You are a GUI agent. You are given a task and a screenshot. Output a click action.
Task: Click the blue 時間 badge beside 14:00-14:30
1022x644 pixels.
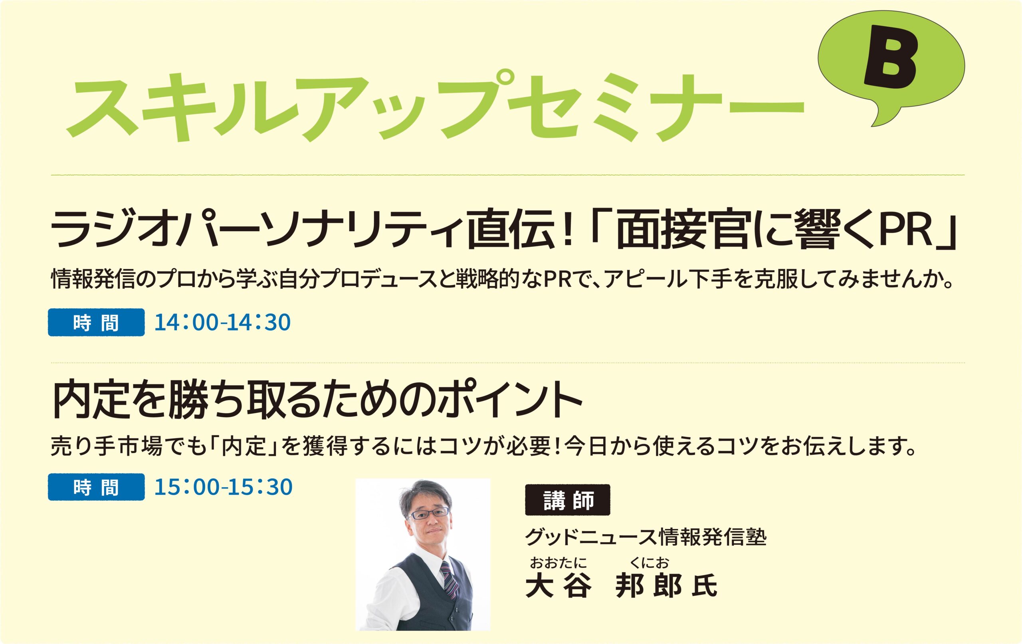[x=96, y=322]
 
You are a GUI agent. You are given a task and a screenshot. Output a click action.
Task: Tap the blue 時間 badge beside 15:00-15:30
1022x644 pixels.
[x=96, y=487]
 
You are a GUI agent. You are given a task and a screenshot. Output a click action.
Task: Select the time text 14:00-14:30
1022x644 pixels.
[x=222, y=322]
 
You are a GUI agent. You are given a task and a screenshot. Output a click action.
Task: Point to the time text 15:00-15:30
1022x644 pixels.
[x=223, y=487]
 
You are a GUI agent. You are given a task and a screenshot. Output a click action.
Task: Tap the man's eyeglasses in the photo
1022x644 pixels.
[x=428, y=514]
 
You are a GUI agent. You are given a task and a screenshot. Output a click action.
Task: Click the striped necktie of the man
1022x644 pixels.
[x=450, y=579]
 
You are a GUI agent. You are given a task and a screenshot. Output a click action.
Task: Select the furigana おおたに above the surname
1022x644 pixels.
[x=558, y=563]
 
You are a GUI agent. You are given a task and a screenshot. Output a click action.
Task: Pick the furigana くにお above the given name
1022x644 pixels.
[x=650, y=563]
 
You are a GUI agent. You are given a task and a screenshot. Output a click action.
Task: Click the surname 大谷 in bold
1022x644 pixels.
[x=559, y=586]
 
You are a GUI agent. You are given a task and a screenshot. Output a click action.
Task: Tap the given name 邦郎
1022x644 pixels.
[x=648, y=586]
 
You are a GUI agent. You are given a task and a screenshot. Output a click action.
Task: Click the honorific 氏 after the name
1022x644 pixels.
[x=705, y=586]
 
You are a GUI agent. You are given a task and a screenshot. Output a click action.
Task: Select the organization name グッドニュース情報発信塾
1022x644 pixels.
[x=646, y=537]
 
